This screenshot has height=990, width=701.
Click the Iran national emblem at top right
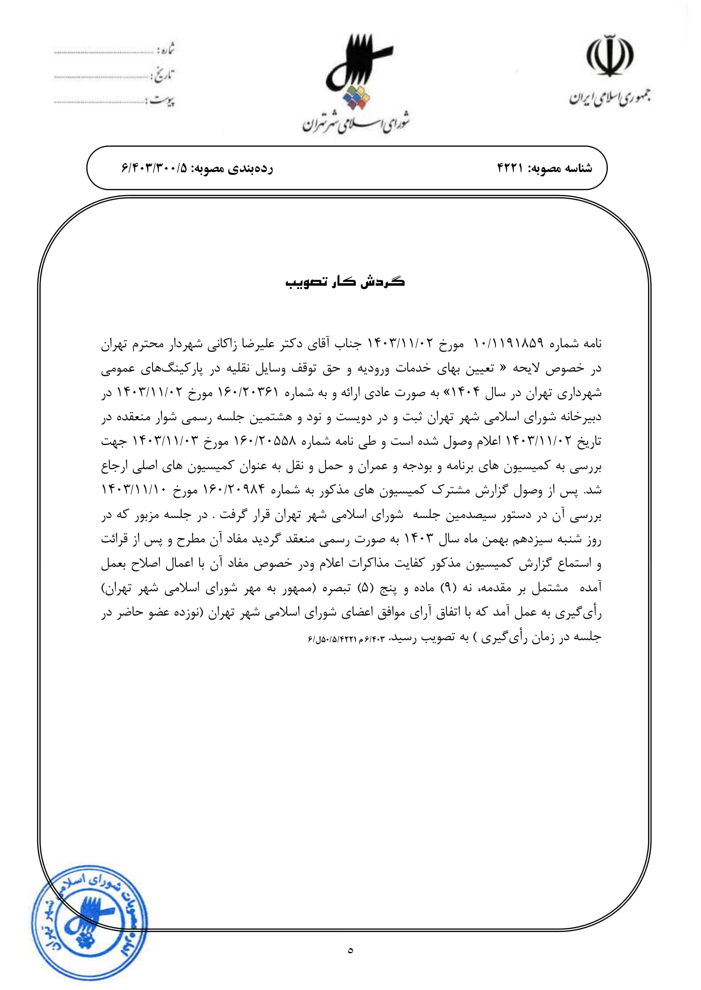pos(610,56)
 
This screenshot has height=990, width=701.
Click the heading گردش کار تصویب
pos(345,282)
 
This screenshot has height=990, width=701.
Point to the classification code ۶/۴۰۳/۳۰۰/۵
pos(154,168)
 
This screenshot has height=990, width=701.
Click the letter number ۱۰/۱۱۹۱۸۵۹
pos(508,344)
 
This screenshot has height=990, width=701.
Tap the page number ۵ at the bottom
pos(350,950)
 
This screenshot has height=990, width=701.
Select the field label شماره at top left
pos(166,50)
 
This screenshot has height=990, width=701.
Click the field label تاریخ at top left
pos(164,76)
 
